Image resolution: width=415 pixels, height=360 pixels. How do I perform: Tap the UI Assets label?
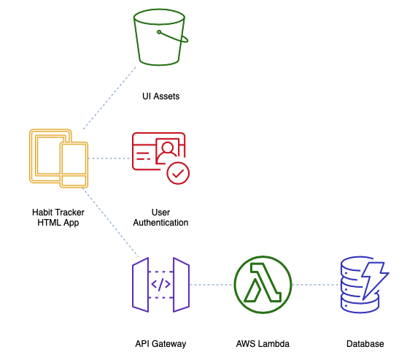click(161, 96)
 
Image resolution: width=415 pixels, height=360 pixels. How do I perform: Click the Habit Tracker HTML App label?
click(58, 217)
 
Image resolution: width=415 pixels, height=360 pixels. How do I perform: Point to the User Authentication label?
click(160, 217)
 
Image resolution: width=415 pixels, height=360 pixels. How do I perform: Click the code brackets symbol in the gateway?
click(160, 285)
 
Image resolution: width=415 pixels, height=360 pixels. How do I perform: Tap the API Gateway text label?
click(160, 344)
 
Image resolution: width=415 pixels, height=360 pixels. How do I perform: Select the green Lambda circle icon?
click(263, 285)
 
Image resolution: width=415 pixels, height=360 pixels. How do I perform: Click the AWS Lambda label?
click(263, 344)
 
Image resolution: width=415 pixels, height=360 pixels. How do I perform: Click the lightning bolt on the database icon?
click(373, 278)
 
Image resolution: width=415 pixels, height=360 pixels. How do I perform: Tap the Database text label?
click(365, 344)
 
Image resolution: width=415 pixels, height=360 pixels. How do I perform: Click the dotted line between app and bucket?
click(109, 98)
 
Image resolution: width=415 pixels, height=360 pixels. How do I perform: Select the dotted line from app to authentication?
click(109, 158)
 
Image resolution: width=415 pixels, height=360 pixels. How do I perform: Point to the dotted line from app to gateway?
click(110, 223)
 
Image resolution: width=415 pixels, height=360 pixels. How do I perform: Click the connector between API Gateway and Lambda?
click(212, 285)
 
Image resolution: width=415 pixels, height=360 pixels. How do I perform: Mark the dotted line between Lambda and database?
click(317, 285)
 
